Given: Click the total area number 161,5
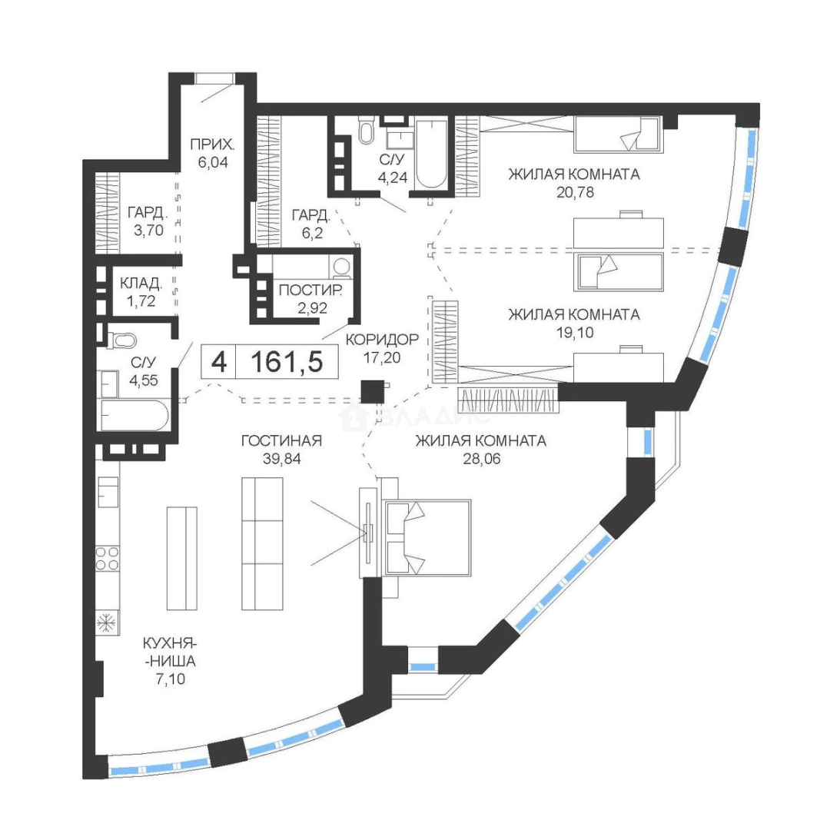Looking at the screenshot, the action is [287, 363].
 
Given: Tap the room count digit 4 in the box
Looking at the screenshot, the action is [218, 363].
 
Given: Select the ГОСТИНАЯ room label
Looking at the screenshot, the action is [281, 440].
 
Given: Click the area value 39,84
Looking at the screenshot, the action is [281, 459].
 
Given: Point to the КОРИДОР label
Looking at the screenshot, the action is [382, 340].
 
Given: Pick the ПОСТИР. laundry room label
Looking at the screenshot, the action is [310, 290].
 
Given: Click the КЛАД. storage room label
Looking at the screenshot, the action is [141, 284].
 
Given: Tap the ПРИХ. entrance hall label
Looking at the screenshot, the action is [212, 144].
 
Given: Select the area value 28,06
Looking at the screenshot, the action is [482, 459].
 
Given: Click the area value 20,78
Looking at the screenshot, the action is [575, 192].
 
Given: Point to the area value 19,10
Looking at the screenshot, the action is [575, 333].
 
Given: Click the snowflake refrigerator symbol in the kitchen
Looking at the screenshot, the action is [107, 622].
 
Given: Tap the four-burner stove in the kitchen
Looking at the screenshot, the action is [107, 559].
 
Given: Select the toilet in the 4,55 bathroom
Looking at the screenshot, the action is [121, 340].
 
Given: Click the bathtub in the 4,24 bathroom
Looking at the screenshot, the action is [431, 154].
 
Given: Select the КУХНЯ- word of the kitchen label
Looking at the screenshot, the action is [170, 644].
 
